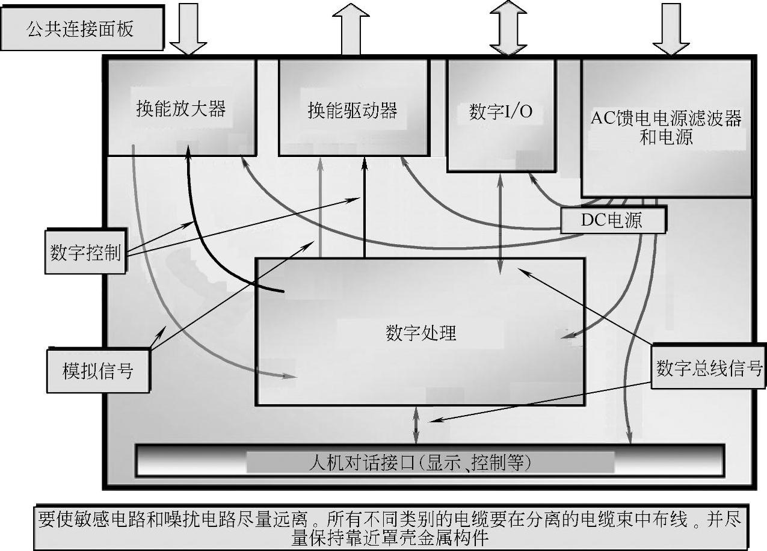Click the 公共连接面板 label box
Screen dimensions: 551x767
click(x=81, y=29)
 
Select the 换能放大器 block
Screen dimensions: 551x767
click(x=180, y=109)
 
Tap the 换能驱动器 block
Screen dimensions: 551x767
click(x=353, y=111)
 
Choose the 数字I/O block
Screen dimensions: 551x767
click(x=501, y=112)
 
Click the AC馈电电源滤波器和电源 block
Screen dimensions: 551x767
click(x=666, y=128)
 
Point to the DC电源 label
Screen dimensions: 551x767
click(x=612, y=220)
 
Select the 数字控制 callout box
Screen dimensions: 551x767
click(x=85, y=252)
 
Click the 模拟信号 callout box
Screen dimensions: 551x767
click(x=97, y=370)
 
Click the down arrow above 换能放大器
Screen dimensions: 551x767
click(x=188, y=29)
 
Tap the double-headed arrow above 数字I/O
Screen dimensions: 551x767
click(x=508, y=29)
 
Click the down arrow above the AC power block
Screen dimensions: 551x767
click(x=671, y=29)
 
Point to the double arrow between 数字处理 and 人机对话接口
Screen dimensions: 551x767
click(x=416, y=425)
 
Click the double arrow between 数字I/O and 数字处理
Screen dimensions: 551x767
click(x=501, y=223)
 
